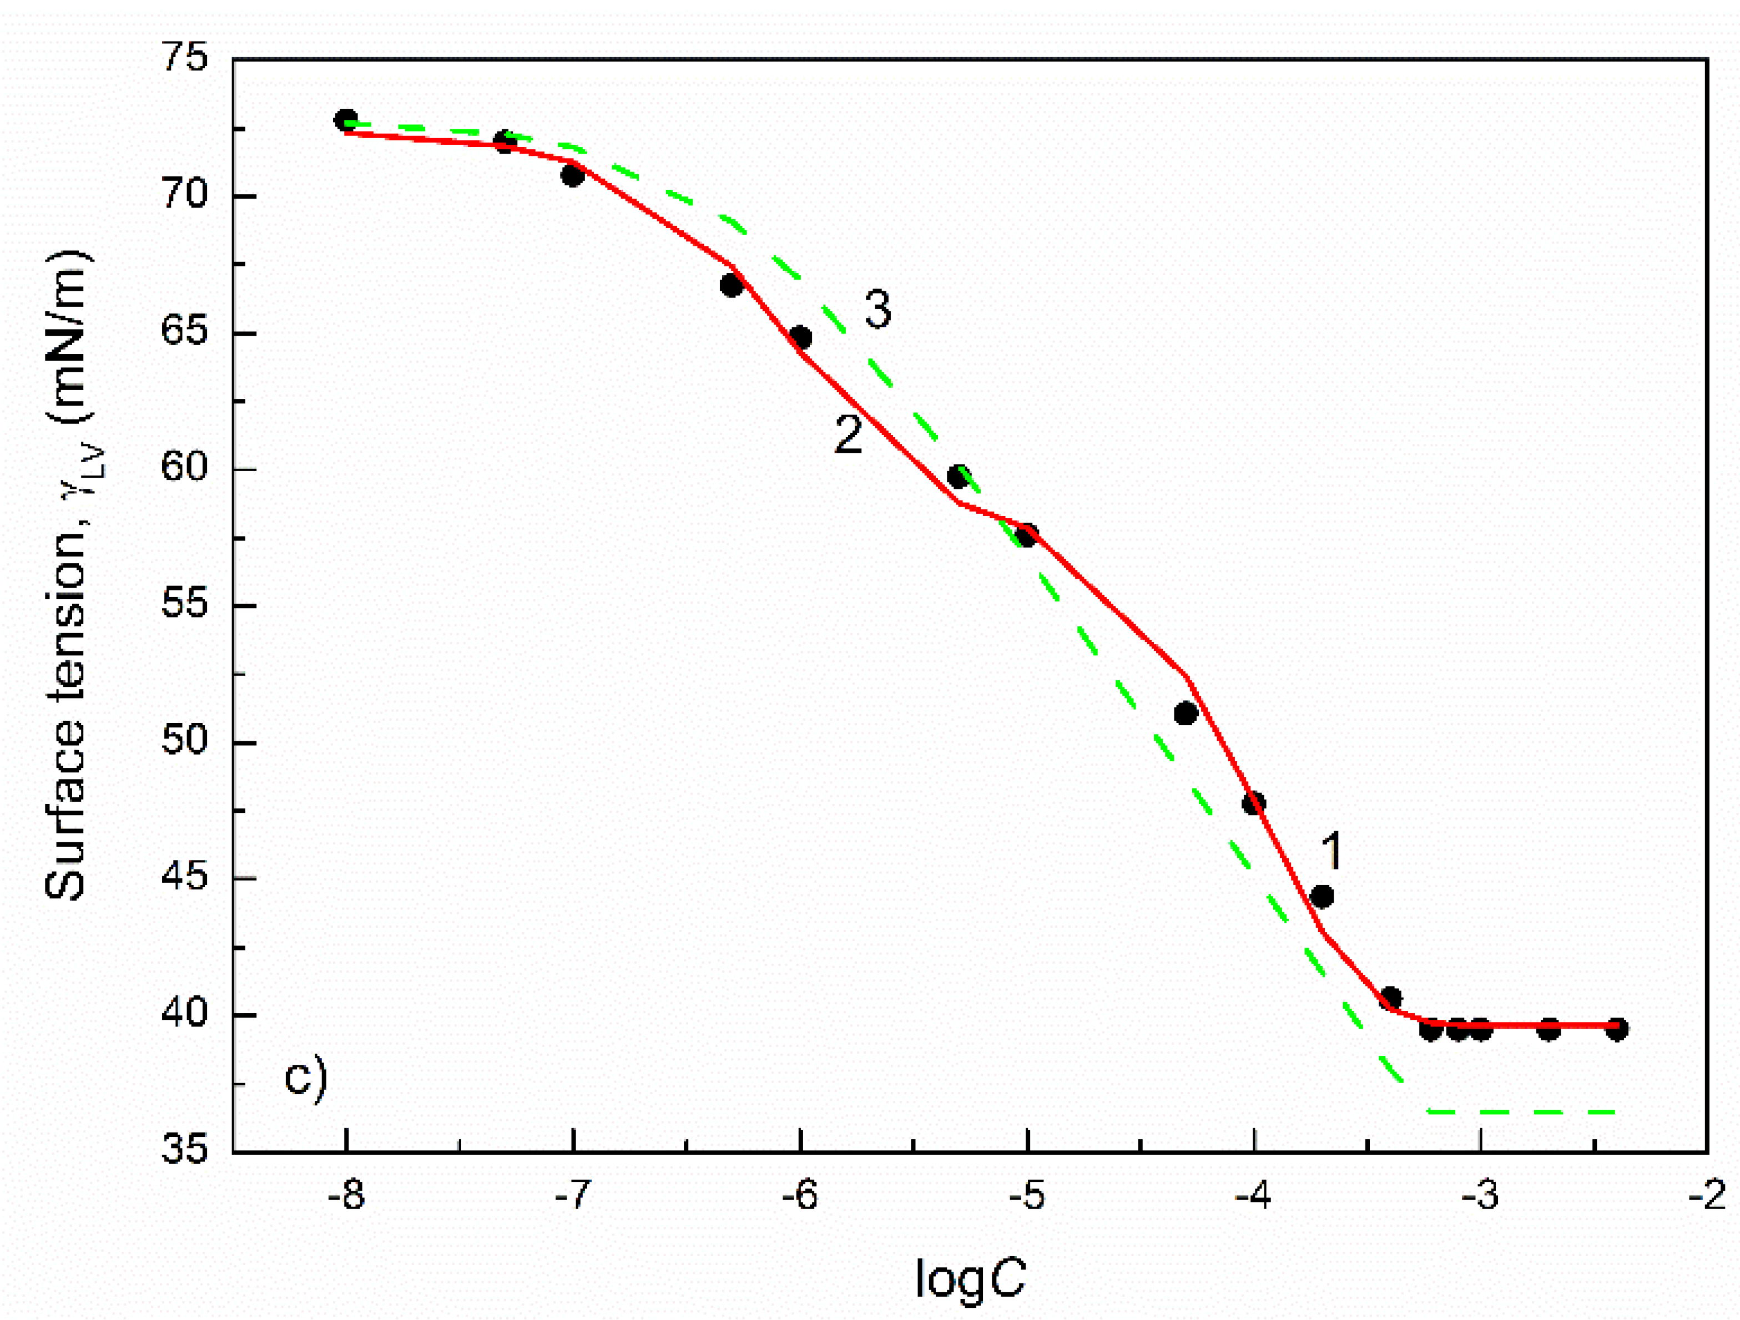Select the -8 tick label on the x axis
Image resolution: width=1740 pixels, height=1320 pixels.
[x=346, y=1196]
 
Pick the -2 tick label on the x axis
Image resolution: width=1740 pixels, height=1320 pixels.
[x=1706, y=1196]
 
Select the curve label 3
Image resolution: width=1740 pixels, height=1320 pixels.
[x=878, y=309]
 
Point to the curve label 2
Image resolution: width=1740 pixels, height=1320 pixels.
[x=848, y=434]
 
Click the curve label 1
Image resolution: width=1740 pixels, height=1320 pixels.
[x=1330, y=852]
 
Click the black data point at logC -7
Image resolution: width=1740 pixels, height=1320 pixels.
[x=573, y=175]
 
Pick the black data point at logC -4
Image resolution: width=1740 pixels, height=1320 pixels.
[x=1253, y=803]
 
